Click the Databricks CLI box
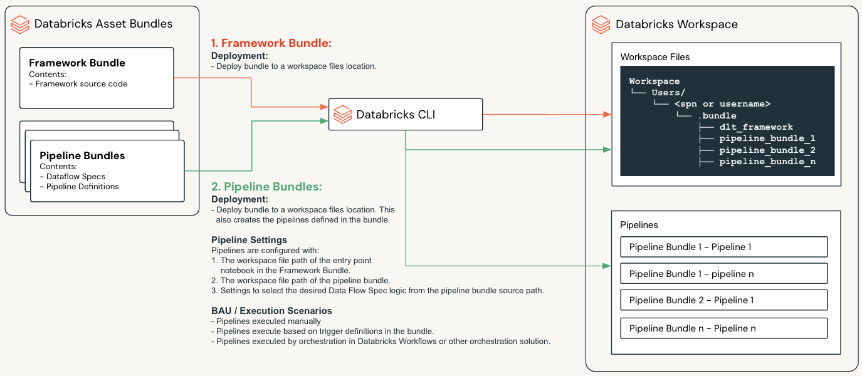click(406, 114)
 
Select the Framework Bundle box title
click(77, 63)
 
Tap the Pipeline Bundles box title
click(82, 155)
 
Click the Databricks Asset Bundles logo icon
click(21, 24)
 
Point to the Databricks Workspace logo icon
click(601, 24)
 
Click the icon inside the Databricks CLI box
click(342, 115)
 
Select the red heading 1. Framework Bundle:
click(271, 43)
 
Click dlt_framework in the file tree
click(756, 127)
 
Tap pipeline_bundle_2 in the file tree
click(767, 150)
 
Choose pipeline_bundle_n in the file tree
click(767, 162)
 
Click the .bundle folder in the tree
click(717, 116)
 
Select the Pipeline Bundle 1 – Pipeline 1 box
click(723, 247)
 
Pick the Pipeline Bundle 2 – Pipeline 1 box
click(723, 300)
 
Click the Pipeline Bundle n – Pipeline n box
click(723, 328)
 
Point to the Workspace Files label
click(654, 57)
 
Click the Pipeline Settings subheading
click(249, 240)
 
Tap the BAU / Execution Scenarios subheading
click(271, 311)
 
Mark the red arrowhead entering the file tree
click(607, 115)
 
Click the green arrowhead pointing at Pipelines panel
click(607, 266)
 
